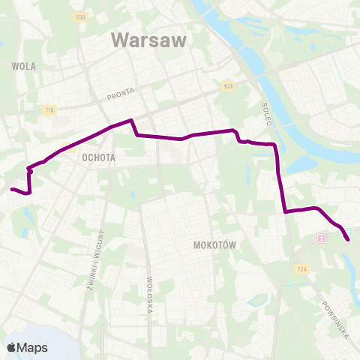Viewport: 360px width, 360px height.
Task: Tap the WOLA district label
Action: pos(24,66)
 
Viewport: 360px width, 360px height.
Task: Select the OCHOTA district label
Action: pos(97,158)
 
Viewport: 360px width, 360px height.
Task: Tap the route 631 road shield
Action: pos(227,85)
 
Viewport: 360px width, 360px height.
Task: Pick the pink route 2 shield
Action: pos(322,238)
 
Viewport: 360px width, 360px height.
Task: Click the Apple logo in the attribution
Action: pos(10,347)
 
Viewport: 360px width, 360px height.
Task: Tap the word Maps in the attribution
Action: pos(32,347)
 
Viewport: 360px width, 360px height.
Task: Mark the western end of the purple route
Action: pos(11,189)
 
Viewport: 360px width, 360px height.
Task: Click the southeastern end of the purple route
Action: pos(349,239)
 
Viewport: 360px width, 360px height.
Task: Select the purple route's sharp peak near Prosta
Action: pos(132,120)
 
